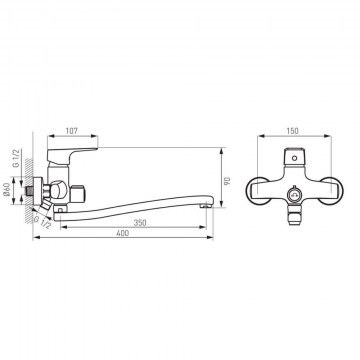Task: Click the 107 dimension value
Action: point(72,131)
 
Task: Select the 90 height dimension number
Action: point(227,181)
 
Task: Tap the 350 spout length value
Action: point(140,223)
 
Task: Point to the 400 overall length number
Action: point(123,233)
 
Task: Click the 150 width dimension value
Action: point(292,131)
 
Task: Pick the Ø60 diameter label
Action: point(7,190)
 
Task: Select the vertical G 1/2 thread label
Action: point(17,159)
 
